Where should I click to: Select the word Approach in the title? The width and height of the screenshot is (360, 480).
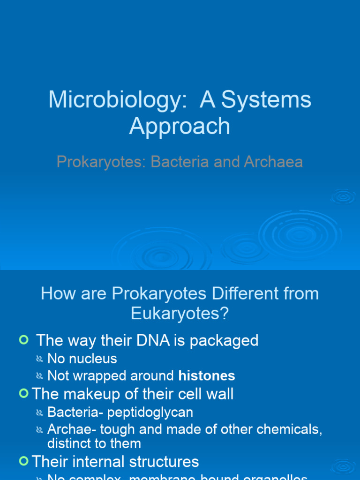pyautogui.click(x=180, y=126)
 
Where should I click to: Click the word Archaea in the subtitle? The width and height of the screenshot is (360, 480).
pyautogui.click(x=273, y=162)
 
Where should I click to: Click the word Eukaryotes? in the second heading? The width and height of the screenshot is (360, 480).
pyautogui.click(x=180, y=314)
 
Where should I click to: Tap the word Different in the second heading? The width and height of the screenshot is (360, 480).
pyautogui.click(x=246, y=294)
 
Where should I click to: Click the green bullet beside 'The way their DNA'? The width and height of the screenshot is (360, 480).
pyautogui.click(x=23, y=340)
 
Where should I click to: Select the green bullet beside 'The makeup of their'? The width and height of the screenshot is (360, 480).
pyautogui.click(x=23, y=394)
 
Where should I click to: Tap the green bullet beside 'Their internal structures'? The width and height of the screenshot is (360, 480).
pyautogui.click(x=23, y=462)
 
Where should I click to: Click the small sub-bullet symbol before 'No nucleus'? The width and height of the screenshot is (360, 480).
pyautogui.click(x=40, y=360)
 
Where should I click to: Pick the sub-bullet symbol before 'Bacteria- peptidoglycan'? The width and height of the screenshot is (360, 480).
pyautogui.click(x=40, y=413)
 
